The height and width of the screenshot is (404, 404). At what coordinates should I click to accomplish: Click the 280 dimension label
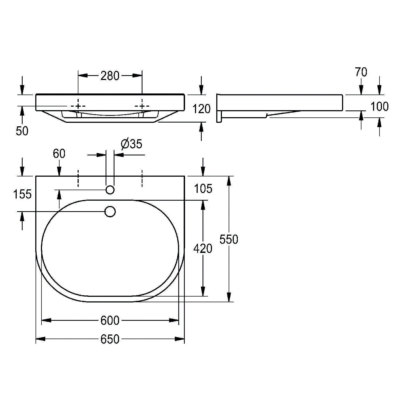(110, 76)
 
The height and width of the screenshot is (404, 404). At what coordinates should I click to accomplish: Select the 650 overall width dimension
(110, 339)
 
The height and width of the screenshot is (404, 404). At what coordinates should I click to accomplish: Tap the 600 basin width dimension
(110, 320)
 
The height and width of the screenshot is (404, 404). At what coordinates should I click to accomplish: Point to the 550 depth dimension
(229, 239)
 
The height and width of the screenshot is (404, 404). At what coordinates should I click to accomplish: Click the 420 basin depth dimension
(203, 248)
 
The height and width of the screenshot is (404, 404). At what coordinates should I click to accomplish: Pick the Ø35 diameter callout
(131, 144)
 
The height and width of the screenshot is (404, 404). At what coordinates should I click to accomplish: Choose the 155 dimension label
(22, 194)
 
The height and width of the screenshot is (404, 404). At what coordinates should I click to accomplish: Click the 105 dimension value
(203, 189)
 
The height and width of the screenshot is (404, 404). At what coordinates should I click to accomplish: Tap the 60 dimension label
(59, 154)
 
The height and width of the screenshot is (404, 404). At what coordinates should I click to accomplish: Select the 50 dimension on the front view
(22, 131)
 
